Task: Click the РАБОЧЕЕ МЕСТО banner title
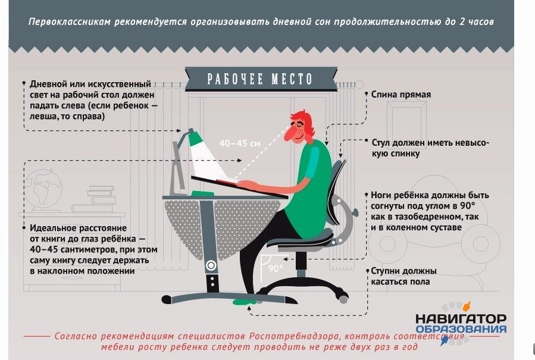pyautogui.click(x=259, y=79)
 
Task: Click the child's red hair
pyautogui.click(x=305, y=123)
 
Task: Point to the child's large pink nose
pyautogui.click(x=290, y=134)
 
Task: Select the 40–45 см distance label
pyautogui.click(x=240, y=143)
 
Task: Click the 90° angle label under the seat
pyautogui.click(x=276, y=268)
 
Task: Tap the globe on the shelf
pyautogui.click(x=43, y=190)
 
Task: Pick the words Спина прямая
pyautogui.click(x=401, y=95)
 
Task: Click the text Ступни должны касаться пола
pyautogui.click(x=403, y=277)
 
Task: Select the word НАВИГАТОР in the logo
pyautogui.click(x=461, y=319)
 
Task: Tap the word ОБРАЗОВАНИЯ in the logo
pyautogui.click(x=461, y=329)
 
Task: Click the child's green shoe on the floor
pyautogui.click(x=245, y=302)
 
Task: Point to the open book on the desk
pyautogui.click(x=227, y=181)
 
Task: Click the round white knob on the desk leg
pyautogui.click(x=211, y=265)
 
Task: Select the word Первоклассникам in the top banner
pyautogui.click(x=70, y=22)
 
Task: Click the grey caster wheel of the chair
pyautogui.click(x=343, y=299)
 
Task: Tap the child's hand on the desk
pyautogui.click(x=248, y=185)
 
